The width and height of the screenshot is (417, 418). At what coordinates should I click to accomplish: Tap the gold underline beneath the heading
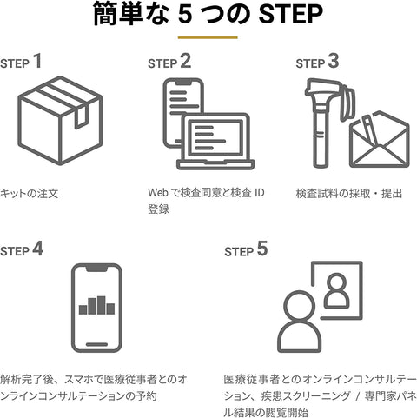(208, 38)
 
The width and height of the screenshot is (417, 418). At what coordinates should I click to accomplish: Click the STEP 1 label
(21, 62)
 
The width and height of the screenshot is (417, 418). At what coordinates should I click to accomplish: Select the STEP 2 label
(169, 62)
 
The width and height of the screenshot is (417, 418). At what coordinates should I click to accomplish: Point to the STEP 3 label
(316, 62)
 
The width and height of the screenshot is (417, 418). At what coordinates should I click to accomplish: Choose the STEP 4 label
(21, 249)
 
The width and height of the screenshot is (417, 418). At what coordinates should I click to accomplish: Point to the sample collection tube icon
(322, 117)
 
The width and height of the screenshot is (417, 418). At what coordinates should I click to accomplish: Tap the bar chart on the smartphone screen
(96, 306)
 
